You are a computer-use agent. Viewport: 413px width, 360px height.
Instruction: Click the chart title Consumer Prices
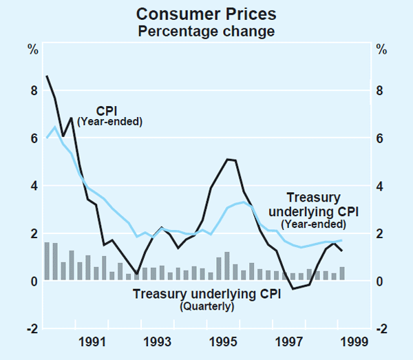[x=206, y=13]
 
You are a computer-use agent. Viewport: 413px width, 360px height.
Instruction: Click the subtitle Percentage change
[x=206, y=31]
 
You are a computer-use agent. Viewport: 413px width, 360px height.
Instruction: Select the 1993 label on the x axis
[x=158, y=341]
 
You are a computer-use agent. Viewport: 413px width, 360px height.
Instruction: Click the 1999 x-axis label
[x=355, y=341]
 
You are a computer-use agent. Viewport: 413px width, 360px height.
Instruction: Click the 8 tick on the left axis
[x=32, y=91]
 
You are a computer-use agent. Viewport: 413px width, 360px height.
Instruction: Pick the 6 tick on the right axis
[x=380, y=138]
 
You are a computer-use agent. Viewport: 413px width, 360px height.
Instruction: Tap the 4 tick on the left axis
[x=32, y=186]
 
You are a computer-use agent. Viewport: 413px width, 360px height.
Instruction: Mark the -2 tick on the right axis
[x=379, y=328]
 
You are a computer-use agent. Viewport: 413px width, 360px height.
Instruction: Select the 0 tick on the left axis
[x=32, y=282]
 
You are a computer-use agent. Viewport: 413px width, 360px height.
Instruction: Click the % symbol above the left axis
[x=32, y=50]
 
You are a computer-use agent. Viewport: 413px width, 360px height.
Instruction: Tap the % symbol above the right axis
[x=380, y=50]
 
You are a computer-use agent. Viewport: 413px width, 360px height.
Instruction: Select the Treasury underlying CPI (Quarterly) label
[x=206, y=299]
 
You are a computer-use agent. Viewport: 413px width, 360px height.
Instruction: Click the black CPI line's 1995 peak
[x=227, y=159]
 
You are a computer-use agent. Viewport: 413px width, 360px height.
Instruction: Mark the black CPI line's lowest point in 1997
[x=293, y=288]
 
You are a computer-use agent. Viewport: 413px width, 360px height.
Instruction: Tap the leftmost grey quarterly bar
[x=47, y=262]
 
